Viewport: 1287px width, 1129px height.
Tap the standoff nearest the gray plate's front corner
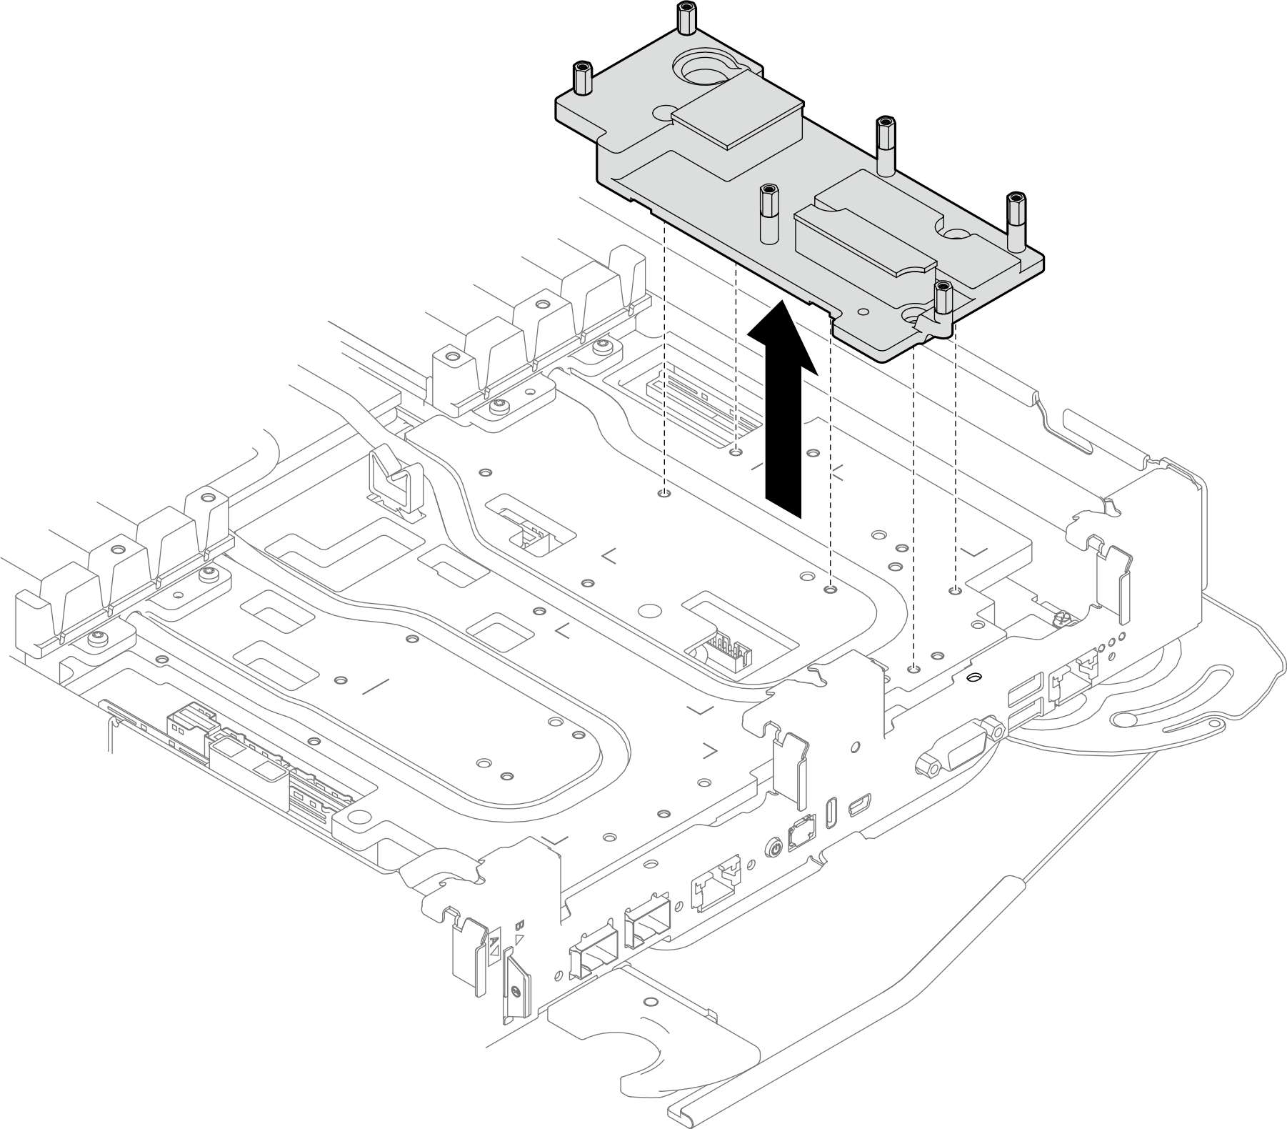pyautogui.click(x=943, y=300)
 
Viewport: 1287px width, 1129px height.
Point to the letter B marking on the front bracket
pyautogui.click(x=520, y=925)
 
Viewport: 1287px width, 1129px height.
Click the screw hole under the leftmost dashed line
pyautogui.click(x=665, y=493)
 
